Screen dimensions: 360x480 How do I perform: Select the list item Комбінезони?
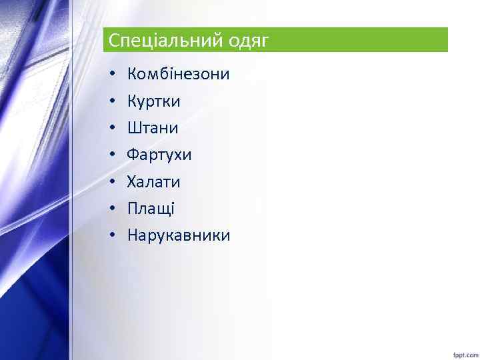click(178, 74)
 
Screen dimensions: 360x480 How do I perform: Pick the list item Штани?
click(153, 128)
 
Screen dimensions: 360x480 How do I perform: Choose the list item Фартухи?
click(159, 155)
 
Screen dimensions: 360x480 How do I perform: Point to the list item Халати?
click(153, 182)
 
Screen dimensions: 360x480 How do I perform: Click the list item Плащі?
click(151, 209)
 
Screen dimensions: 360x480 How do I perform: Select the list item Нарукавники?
click(178, 235)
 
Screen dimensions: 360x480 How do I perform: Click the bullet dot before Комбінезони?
click(113, 75)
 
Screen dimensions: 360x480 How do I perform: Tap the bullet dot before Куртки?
click(113, 101)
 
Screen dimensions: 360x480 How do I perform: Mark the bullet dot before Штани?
click(113, 128)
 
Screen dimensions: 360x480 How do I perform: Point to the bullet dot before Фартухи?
click(113, 155)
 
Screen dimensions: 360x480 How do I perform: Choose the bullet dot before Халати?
click(113, 182)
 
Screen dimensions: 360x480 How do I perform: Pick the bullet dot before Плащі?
click(113, 209)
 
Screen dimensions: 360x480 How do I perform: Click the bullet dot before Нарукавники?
click(113, 235)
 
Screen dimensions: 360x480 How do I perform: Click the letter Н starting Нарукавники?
click(132, 235)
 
